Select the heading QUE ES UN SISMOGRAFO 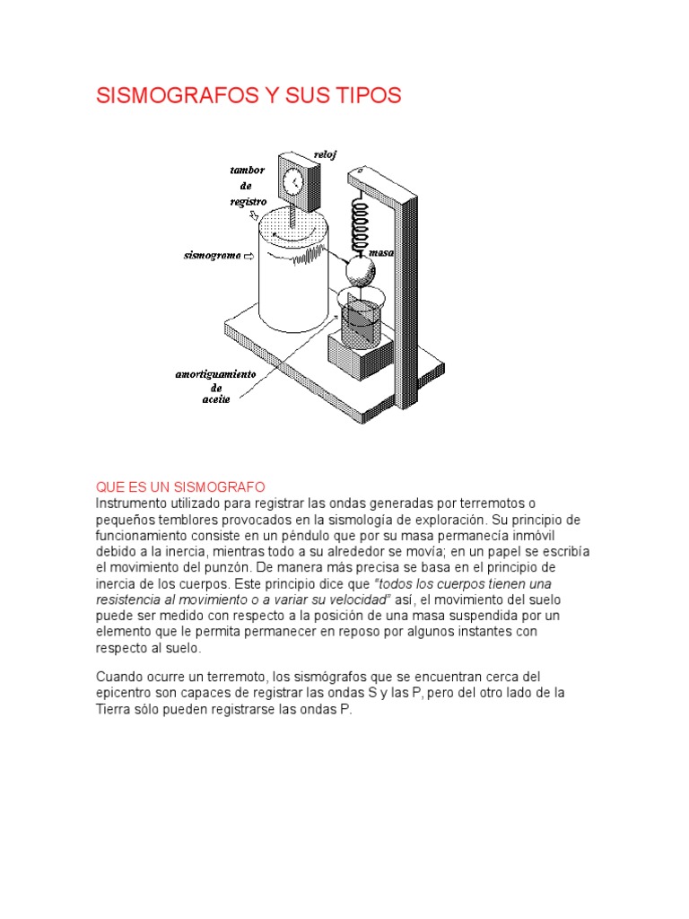click(180, 486)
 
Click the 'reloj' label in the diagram click(324, 154)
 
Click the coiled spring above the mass click(358, 224)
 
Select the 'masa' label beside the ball click(383, 253)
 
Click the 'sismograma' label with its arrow click(219, 256)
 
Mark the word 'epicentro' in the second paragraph click(126, 693)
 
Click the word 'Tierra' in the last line click(114, 709)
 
